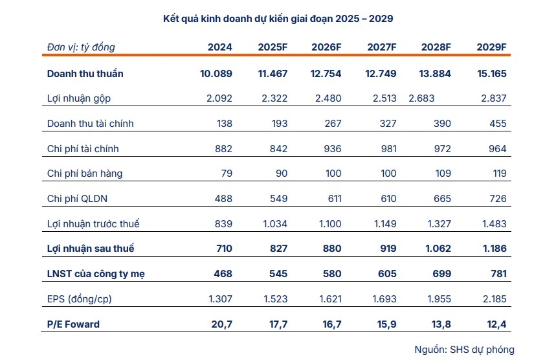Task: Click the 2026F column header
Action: (x=326, y=47)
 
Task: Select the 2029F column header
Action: (x=491, y=47)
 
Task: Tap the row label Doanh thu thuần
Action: (x=85, y=74)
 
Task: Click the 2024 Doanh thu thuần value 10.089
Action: (x=216, y=74)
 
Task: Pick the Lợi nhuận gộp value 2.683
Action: (x=421, y=98)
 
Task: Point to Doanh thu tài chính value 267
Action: (x=333, y=124)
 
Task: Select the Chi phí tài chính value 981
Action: (x=388, y=149)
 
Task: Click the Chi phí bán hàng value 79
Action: (x=227, y=174)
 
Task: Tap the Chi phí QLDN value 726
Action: (x=498, y=199)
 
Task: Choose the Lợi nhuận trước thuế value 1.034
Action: (x=275, y=223)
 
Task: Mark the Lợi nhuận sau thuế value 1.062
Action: (x=438, y=249)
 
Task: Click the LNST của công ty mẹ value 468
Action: (x=223, y=274)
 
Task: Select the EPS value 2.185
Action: (x=495, y=298)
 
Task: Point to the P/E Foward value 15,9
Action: (x=387, y=324)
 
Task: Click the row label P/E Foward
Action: (x=73, y=324)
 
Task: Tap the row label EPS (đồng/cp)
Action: (x=80, y=299)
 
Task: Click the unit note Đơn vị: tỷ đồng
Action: (x=81, y=47)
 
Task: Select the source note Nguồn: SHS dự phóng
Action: (x=464, y=350)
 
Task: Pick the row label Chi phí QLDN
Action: (x=77, y=199)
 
